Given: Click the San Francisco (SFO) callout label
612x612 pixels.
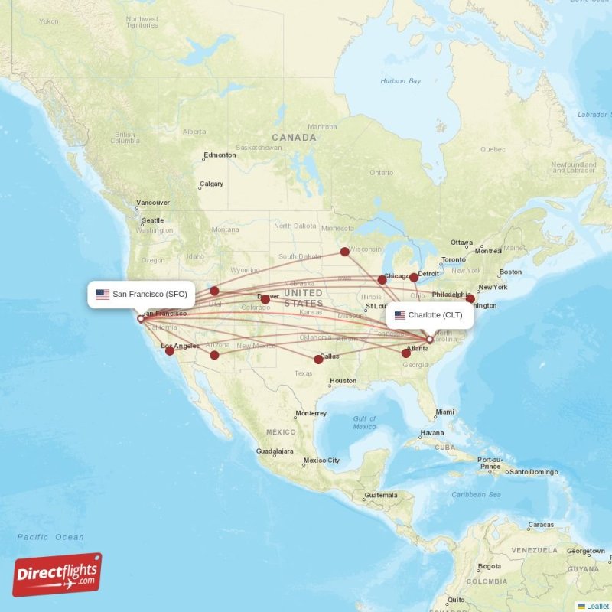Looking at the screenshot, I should click(142, 294).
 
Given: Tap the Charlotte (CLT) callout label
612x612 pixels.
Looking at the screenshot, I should click(429, 314).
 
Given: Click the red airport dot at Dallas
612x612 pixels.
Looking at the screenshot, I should click(318, 359).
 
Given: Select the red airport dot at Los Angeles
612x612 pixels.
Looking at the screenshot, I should click(170, 350).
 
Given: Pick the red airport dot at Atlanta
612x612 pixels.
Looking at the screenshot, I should click(406, 353).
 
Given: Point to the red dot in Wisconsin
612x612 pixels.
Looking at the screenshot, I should click(345, 251).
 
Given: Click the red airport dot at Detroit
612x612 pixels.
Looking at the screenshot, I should click(414, 277).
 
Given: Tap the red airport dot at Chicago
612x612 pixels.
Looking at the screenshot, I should click(382, 280).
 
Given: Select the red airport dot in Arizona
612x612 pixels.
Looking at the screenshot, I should click(214, 355).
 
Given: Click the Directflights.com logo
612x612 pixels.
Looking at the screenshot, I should click(57, 575).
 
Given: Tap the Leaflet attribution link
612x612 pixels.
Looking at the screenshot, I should click(597, 606).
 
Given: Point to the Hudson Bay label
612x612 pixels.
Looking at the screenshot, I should click(401, 80).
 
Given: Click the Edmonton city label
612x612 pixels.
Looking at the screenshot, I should click(220, 155).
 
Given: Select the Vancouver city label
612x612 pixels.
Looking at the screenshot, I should click(153, 203).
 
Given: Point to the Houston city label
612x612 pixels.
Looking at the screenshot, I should click(343, 381).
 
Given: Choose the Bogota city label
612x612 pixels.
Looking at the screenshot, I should click(489, 567).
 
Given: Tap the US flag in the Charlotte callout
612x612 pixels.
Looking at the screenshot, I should click(399, 314).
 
